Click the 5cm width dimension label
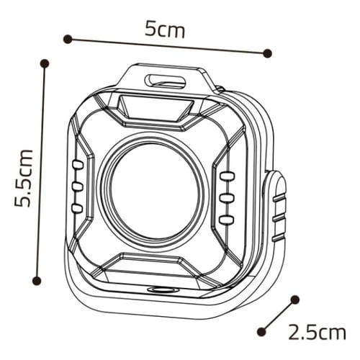(165, 30)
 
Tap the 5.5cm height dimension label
(23, 178)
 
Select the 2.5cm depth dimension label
(317, 332)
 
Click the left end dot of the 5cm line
(68, 39)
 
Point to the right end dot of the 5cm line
(267, 53)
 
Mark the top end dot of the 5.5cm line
(45, 63)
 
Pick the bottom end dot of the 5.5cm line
(37, 280)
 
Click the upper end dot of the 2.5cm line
(295, 300)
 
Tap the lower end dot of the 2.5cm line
(261, 332)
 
